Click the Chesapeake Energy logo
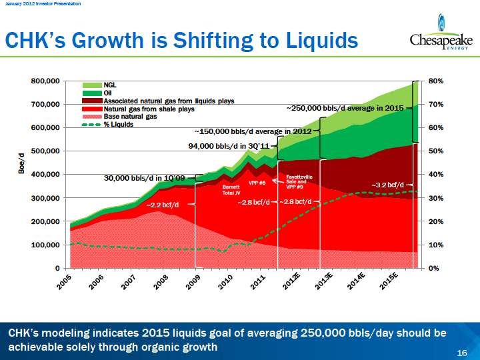[x=441, y=32]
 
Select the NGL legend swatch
[x=92, y=85]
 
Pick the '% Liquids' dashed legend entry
[x=107, y=125]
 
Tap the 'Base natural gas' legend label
[x=130, y=117]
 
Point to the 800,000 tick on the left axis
[x=45, y=81]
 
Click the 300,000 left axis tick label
[x=45, y=198]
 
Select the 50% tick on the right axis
[x=435, y=151]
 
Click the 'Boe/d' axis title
[x=21, y=163]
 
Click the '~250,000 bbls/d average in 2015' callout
[x=345, y=108]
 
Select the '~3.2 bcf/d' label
[x=388, y=185]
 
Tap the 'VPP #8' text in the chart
[x=257, y=183]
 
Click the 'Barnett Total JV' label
[x=231, y=190]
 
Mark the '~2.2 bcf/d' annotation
[x=163, y=205]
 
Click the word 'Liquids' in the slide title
[x=322, y=41]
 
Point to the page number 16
[x=462, y=353]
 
